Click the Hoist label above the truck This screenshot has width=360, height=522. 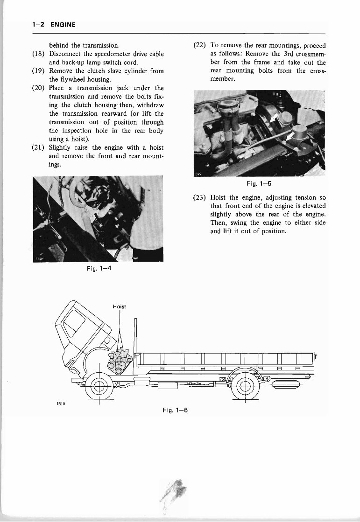coord(120,307)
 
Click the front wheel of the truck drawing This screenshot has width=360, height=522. coord(99,386)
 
